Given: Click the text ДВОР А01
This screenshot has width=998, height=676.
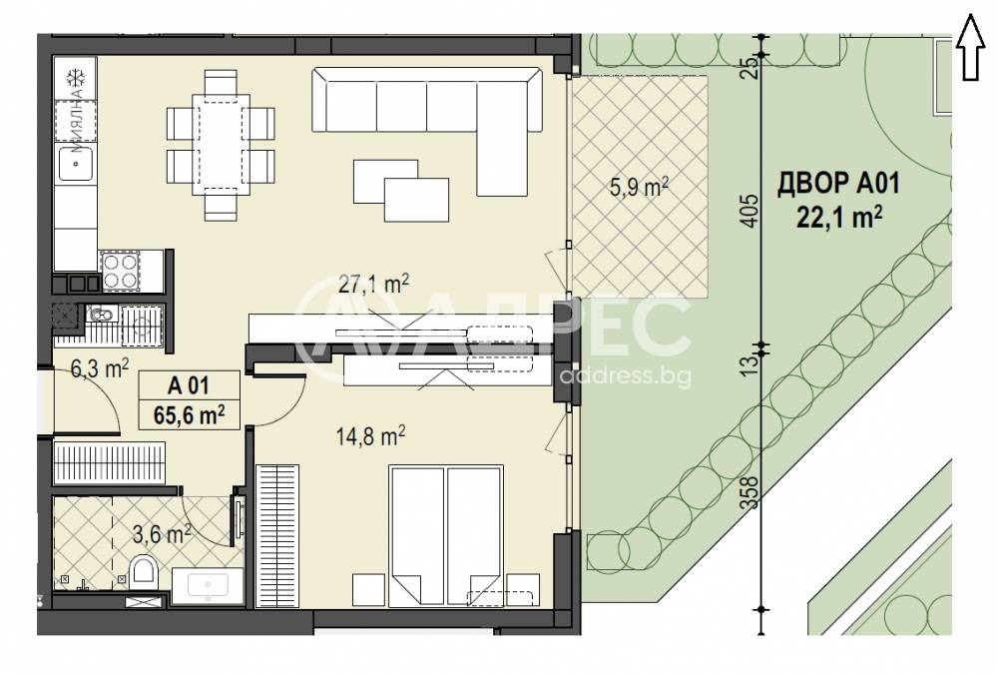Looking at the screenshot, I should (x=839, y=184).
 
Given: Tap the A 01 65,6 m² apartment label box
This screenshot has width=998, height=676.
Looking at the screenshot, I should (x=190, y=400).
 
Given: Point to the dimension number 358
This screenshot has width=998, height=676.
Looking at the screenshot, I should (x=753, y=493).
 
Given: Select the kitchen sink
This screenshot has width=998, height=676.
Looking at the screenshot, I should (x=76, y=162).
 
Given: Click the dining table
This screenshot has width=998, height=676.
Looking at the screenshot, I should (x=221, y=143).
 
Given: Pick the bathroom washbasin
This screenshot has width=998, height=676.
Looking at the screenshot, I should (x=208, y=584).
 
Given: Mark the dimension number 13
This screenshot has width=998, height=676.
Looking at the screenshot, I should (x=753, y=366).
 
